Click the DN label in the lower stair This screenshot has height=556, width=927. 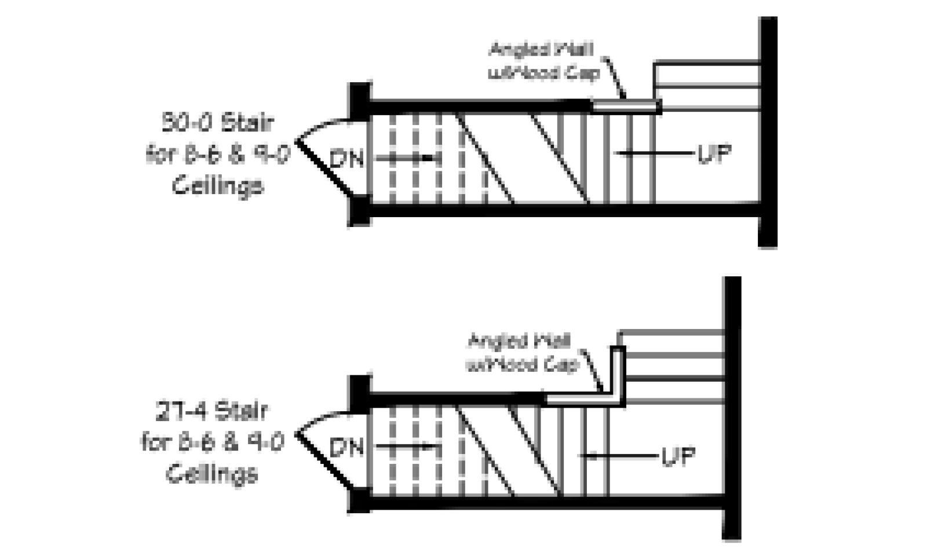click(x=346, y=448)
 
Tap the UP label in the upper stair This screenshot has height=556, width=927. click(x=714, y=154)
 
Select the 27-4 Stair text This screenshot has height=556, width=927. click(x=212, y=411)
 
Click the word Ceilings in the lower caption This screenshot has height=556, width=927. click(x=212, y=474)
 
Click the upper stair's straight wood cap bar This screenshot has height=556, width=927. click(x=626, y=106)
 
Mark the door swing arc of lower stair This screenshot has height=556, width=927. click(x=322, y=416)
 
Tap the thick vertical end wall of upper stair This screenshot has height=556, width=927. click(x=768, y=132)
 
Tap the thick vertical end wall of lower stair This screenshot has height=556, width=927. click(x=732, y=408)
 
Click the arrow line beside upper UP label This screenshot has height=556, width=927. click(x=655, y=153)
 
